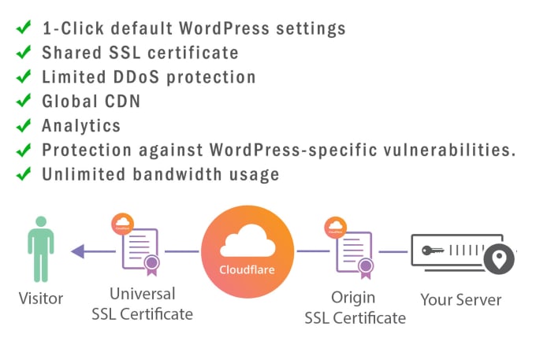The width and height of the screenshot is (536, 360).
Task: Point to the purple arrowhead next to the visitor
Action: coord(76,252)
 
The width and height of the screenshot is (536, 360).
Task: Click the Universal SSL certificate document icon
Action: coord(140,251)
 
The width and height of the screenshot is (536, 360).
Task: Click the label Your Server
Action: coord(461,299)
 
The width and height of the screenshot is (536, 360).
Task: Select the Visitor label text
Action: coord(41,299)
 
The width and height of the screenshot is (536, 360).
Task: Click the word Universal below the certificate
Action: coord(143,295)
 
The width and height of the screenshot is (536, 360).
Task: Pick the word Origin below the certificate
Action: coord(353,298)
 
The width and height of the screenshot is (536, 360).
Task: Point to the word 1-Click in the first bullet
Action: coord(72,29)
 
